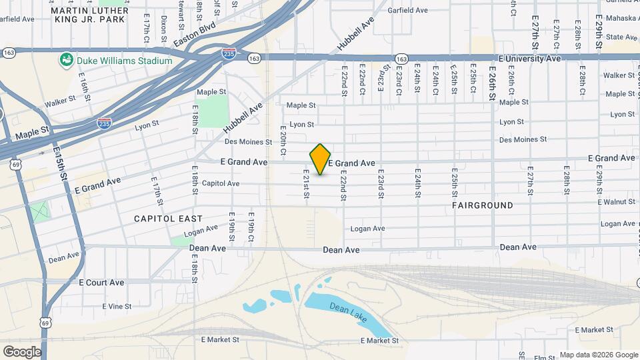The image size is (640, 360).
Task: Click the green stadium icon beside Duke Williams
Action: point(66,61)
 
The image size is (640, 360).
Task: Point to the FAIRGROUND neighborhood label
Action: point(483,205)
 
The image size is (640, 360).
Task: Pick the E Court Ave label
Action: point(101,283)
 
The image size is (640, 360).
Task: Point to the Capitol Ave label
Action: point(220,183)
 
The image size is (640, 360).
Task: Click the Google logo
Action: point(22,351)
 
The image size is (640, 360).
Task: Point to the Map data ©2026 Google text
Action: point(599,355)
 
